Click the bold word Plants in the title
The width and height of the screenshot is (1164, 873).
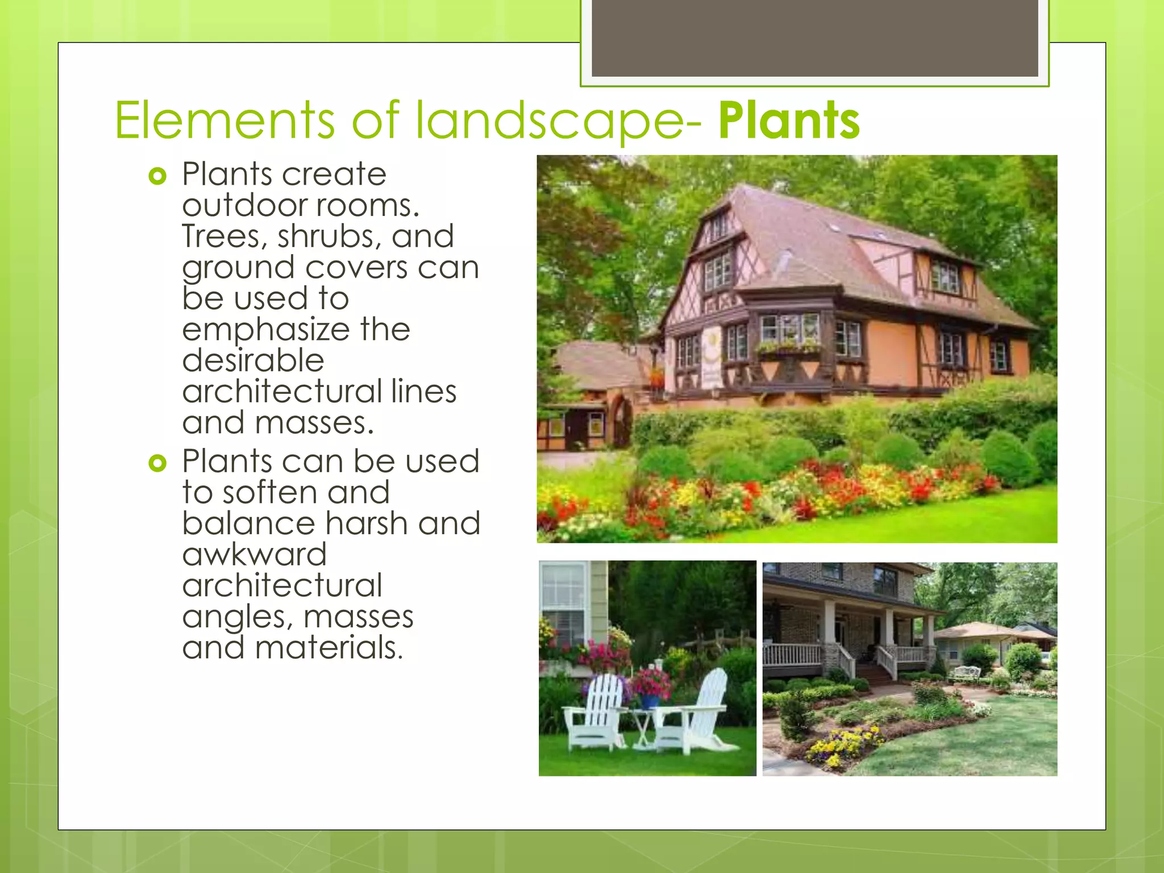789,120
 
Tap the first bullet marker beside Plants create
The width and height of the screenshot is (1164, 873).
157,176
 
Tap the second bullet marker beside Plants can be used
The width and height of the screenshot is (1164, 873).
157,463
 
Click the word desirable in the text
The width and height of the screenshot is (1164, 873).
253,361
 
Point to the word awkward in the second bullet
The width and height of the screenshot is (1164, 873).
254,554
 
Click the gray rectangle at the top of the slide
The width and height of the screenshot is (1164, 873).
814,38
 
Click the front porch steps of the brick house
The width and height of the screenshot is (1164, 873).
876,674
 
